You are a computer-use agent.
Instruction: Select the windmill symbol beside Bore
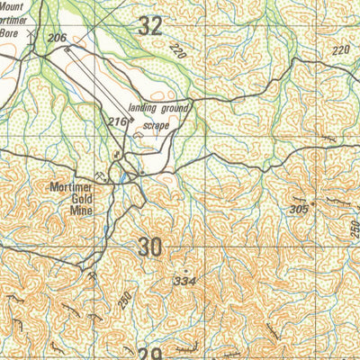[x=32, y=33]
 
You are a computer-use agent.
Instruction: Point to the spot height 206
[x=58, y=37]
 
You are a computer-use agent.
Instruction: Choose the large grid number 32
[x=150, y=25]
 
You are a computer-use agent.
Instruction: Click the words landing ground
[x=157, y=109]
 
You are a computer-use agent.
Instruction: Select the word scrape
[x=157, y=127]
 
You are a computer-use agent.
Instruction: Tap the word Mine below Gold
[x=82, y=214]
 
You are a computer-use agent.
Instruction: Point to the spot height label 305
[x=298, y=208]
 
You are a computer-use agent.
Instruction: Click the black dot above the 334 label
[x=185, y=270]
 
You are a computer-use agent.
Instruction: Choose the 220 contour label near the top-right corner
[x=339, y=51]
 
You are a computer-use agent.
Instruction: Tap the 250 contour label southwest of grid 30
[x=125, y=297]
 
